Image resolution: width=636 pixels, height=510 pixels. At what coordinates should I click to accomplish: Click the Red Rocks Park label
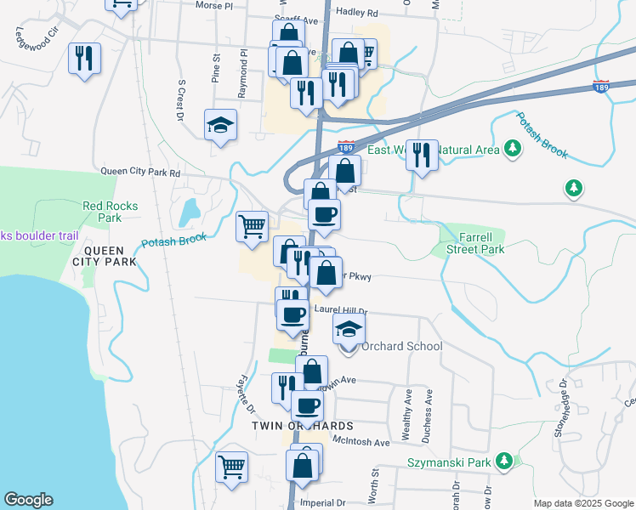pyautogui.click(x=103, y=212)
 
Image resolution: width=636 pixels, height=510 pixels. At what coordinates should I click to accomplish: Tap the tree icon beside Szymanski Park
pyautogui.click(x=504, y=461)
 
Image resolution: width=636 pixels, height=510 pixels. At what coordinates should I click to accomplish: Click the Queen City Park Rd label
pyautogui.click(x=140, y=171)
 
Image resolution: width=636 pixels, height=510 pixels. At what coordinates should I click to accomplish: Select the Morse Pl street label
pyautogui.click(x=213, y=6)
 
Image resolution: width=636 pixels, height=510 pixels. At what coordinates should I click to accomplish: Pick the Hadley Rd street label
pyautogui.click(x=356, y=13)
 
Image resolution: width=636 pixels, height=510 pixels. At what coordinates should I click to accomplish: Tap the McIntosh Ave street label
pyautogui.click(x=361, y=442)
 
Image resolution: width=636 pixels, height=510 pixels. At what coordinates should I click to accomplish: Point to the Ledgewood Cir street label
pyautogui.click(x=37, y=34)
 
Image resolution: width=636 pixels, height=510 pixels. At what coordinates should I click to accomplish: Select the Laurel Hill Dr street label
pyautogui.click(x=341, y=311)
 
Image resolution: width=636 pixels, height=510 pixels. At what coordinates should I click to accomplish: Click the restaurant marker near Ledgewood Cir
pyautogui.click(x=83, y=58)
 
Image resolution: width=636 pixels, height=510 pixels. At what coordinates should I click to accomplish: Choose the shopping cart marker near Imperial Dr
pyautogui.click(x=231, y=467)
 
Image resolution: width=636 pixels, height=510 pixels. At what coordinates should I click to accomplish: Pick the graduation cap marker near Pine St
pyautogui.click(x=221, y=126)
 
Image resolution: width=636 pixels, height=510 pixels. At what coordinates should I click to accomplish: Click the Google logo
pyautogui.click(x=28, y=500)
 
